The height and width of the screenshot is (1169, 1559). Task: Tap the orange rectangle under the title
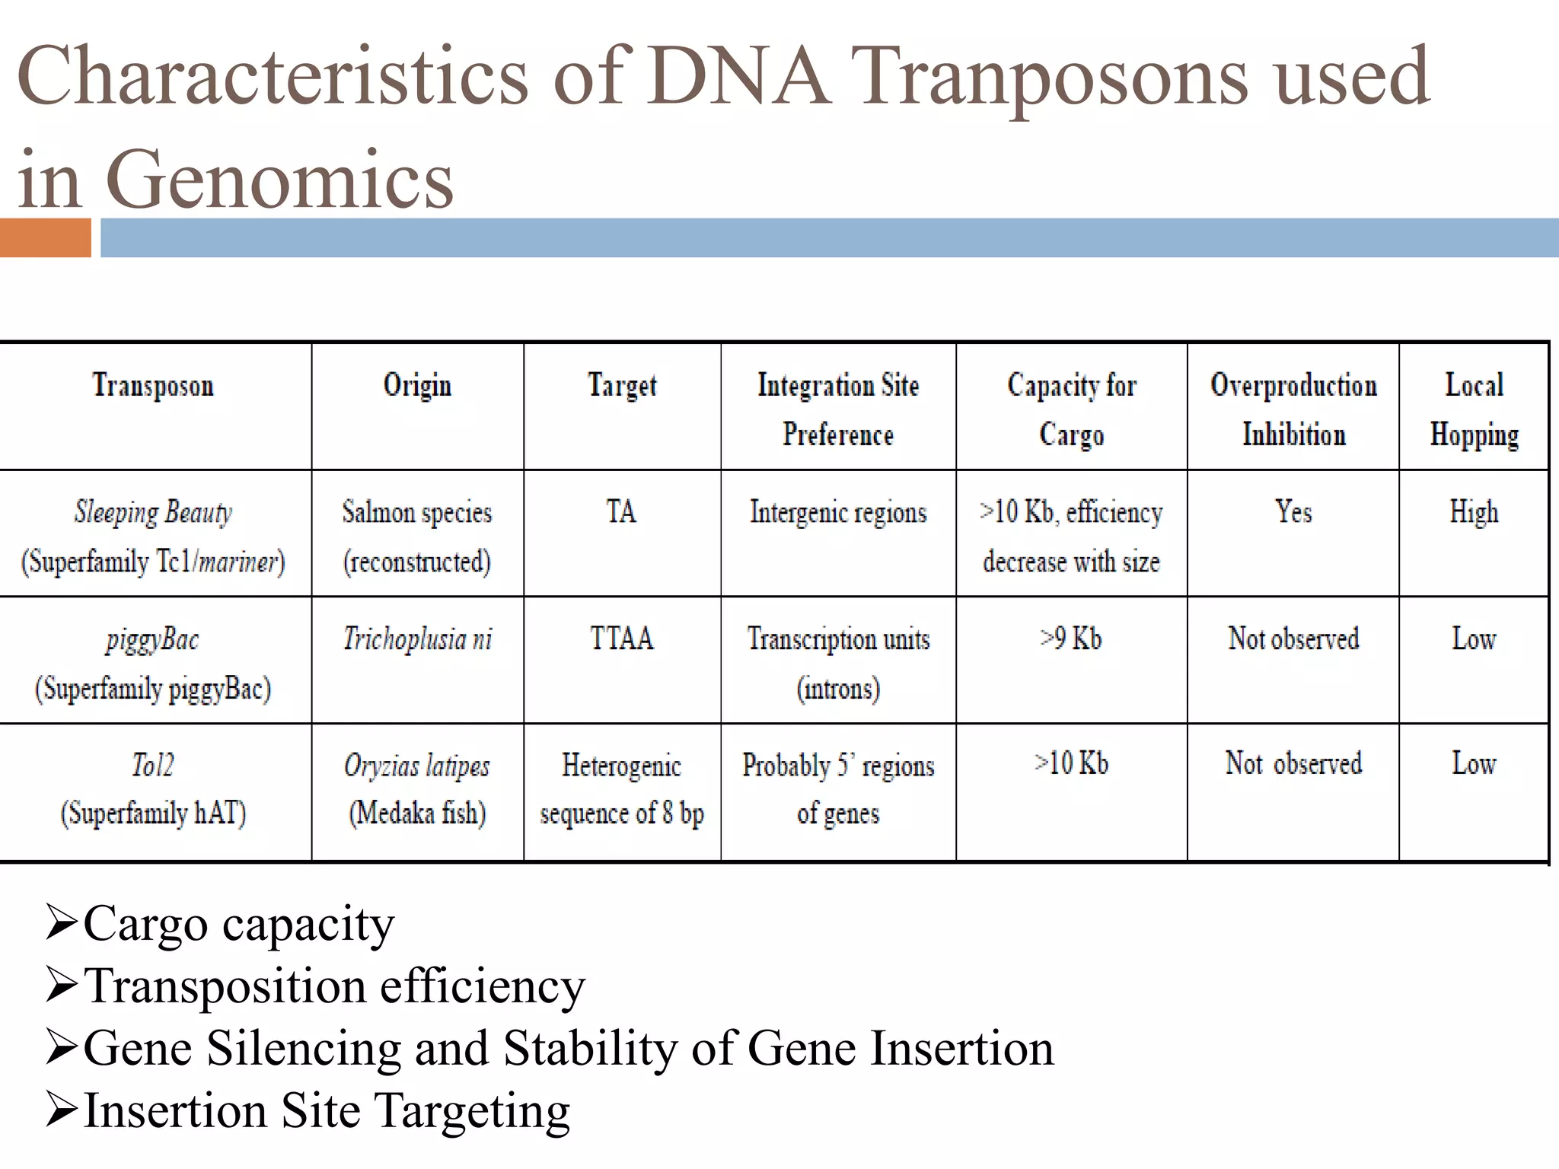coord(45,237)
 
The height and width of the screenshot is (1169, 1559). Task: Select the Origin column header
coord(417,385)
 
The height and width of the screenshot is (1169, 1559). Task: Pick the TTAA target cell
coord(622,639)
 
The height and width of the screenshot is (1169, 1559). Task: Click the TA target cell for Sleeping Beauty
coord(621,511)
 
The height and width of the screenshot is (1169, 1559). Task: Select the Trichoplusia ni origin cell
coord(417,639)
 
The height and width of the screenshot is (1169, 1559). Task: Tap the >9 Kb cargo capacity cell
coord(1071,639)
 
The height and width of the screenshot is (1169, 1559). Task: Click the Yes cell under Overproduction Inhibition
coord(1293,511)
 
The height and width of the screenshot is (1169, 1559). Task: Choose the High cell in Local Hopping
coord(1474,511)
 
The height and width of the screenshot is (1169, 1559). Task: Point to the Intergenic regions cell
coord(838,511)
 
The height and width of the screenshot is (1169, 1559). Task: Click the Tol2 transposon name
coord(153,764)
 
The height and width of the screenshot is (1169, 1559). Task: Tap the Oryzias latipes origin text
coord(417,765)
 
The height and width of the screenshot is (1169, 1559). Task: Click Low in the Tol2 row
coord(1474,763)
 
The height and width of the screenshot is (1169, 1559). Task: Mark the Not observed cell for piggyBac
coord(1293,639)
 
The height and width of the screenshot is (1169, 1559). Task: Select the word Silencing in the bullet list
coord(304,1049)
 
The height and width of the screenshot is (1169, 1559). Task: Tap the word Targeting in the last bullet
coord(473,1111)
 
